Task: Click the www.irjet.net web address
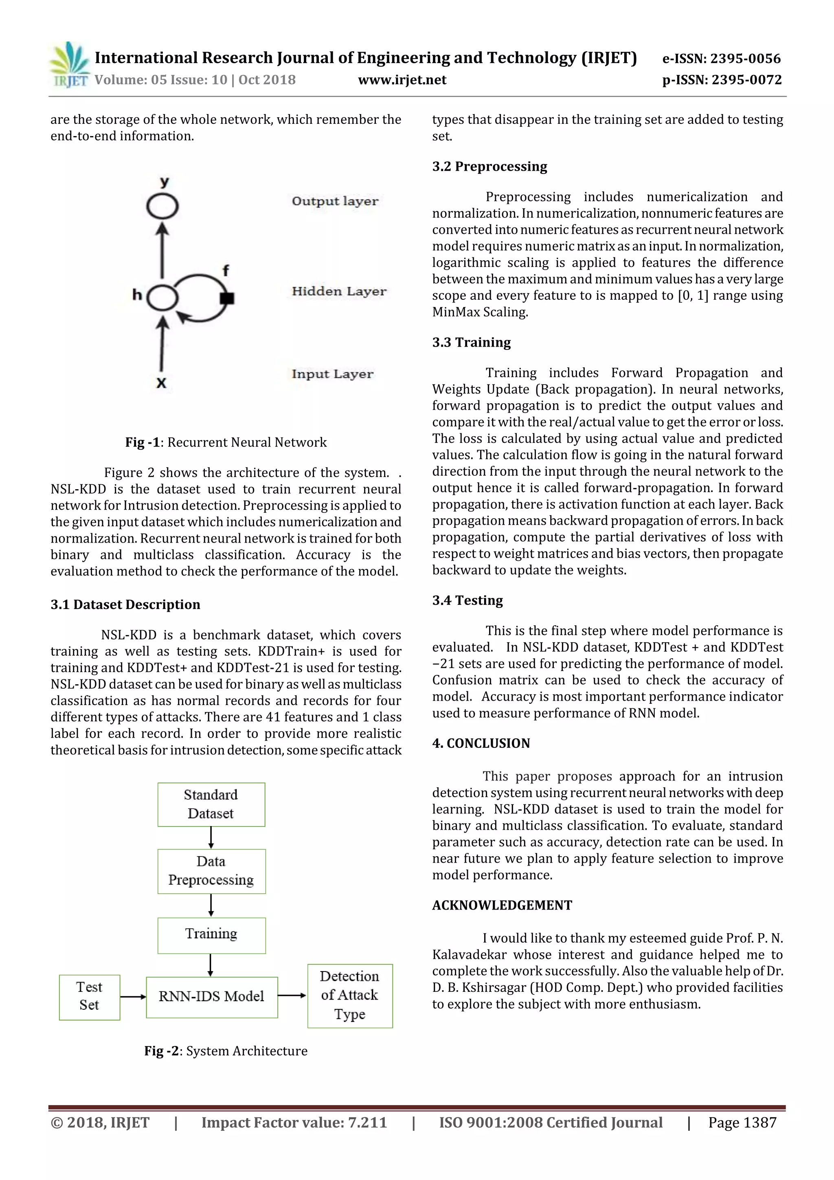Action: click(402, 80)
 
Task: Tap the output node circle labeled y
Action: click(162, 207)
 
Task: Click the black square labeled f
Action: click(226, 298)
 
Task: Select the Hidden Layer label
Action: click(339, 291)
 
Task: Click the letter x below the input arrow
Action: click(161, 383)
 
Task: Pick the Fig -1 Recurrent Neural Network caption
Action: click(226, 442)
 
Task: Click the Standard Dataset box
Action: click(211, 804)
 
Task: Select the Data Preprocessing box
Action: click(211, 871)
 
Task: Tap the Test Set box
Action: click(90, 997)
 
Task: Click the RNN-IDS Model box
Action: click(212, 997)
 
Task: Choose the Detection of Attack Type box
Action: click(349, 995)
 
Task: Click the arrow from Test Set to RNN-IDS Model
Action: click(133, 997)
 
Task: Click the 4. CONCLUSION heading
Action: click(481, 743)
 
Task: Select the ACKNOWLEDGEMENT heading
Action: click(502, 905)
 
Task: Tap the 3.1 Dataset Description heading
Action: click(125, 604)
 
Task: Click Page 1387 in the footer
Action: click(742, 1123)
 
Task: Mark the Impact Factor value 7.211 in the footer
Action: click(294, 1123)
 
